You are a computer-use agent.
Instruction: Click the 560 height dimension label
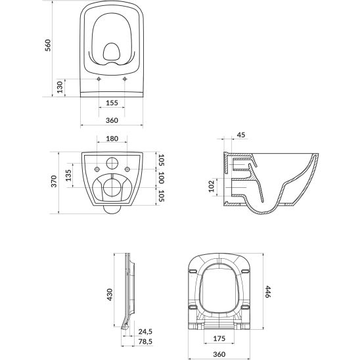coord(48,45)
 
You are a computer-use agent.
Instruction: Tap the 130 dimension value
coord(60,87)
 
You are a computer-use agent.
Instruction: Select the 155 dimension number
coord(112,102)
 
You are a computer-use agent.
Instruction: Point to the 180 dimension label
coord(112,139)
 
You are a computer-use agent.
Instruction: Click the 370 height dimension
coord(54,181)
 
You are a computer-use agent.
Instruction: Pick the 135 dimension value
coord(68,175)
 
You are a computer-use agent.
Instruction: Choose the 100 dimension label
coord(162,178)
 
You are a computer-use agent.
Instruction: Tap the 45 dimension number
coord(241,135)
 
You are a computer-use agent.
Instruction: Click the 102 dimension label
coord(212,186)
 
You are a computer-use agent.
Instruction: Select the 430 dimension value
coord(110,294)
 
